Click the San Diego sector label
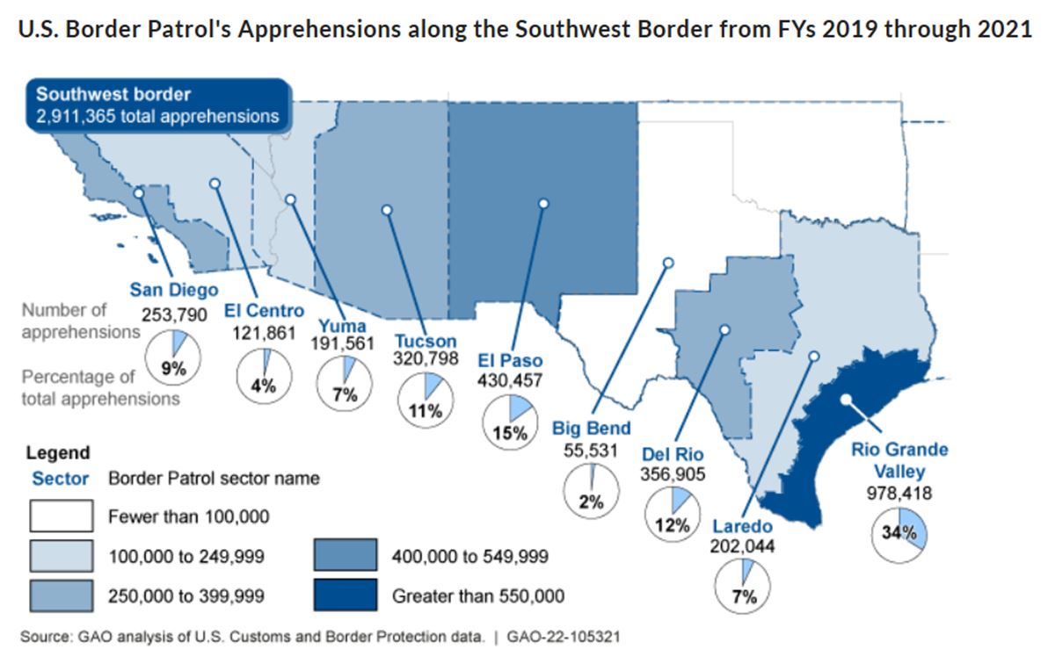[x=174, y=289]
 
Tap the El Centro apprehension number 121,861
[x=264, y=332]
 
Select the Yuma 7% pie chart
[x=345, y=384]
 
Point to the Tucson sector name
[x=425, y=341]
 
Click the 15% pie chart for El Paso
[x=510, y=422]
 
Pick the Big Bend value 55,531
[x=591, y=451]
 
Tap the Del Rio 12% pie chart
[x=673, y=515]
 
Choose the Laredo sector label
[x=743, y=526]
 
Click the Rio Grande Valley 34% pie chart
[x=899, y=534]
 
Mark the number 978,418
[x=899, y=493]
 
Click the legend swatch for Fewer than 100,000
[x=62, y=516]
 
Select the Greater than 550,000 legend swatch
[x=346, y=595]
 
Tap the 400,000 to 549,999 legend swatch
[x=346, y=555]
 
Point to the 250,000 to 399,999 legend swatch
[x=62, y=595]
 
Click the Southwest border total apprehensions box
[x=159, y=105]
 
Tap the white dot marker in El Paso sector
[x=543, y=203]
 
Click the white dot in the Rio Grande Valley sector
[x=846, y=399]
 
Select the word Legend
[x=57, y=452]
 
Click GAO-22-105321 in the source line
[x=564, y=637]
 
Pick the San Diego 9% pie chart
[x=172, y=357]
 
